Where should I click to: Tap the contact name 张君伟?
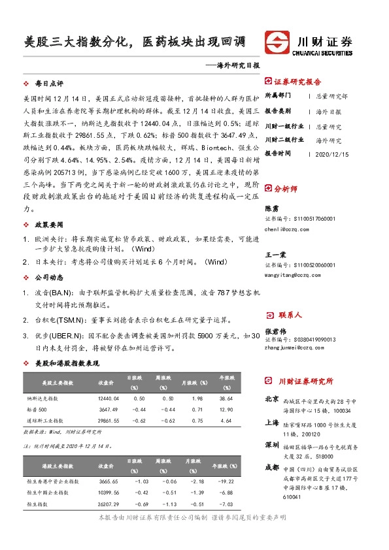275,331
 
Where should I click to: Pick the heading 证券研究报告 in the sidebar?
297,82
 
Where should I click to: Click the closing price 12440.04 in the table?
108,398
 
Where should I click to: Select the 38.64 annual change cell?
226,398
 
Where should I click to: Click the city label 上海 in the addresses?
271,423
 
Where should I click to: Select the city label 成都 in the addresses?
271,468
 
